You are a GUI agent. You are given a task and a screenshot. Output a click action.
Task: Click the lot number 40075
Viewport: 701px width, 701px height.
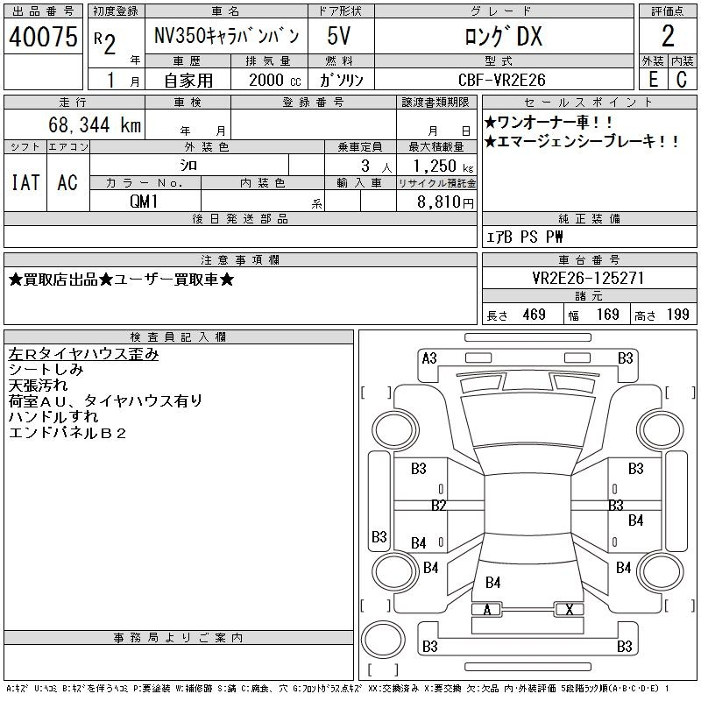(43, 36)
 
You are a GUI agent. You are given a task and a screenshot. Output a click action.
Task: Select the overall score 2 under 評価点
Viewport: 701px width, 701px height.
(668, 36)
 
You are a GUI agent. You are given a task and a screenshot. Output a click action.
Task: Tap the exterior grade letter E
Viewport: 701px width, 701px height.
(653, 80)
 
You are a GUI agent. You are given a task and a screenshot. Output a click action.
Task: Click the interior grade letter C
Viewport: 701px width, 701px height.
(682, 80)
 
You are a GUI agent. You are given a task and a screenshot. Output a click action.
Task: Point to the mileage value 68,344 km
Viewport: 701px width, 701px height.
(95, 124)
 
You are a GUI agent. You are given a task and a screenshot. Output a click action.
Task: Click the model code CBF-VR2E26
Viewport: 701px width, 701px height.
(502, 80)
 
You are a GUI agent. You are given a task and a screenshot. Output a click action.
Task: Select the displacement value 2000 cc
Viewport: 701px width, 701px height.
(275, 80)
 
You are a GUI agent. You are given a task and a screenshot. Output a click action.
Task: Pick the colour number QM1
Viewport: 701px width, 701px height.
(144, 202)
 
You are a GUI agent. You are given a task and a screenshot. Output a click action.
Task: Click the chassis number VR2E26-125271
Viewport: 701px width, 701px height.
(588, 278)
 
